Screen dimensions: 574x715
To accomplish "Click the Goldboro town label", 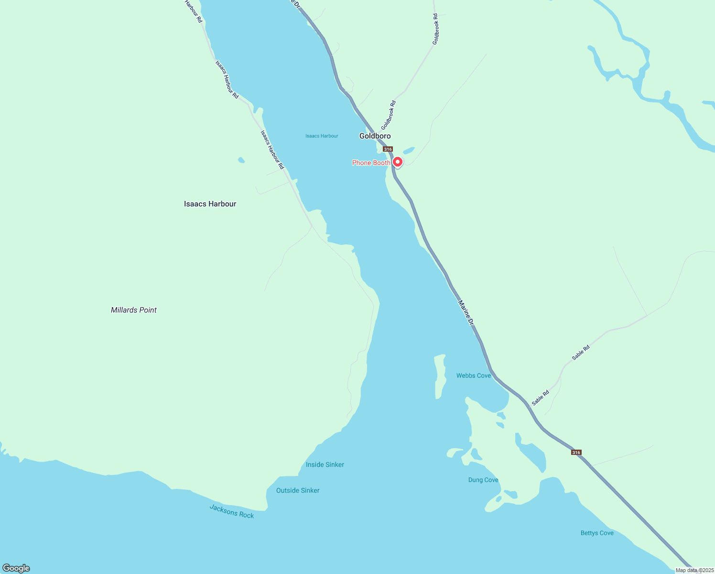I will coord(375,136).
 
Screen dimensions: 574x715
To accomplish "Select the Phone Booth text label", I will coord(371,163).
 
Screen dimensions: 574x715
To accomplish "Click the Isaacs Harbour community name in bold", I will coord(210,204).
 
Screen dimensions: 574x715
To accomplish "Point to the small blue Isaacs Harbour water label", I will coord(322,136).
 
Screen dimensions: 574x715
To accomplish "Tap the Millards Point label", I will coord(134,310).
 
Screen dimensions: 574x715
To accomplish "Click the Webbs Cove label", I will coord(473,376).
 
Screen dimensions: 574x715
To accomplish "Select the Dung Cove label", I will coord(483,480).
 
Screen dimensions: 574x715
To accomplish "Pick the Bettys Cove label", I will coord(597,533).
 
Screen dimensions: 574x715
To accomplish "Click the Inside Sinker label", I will coord(325,465).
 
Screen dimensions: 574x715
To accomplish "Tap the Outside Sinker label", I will coord(298,491).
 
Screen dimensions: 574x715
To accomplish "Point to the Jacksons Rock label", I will coord(232,512).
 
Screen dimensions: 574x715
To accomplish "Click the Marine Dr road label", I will coord(466,313).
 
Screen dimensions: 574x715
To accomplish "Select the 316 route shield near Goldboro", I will coord(388,149).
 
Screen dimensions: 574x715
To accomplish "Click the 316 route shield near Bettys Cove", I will coord(576,453).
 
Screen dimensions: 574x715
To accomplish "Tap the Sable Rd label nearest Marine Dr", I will coord(541,398).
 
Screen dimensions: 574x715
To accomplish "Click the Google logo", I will coord(16,568).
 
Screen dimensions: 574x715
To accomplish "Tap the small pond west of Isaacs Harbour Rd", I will coord(241,160).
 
